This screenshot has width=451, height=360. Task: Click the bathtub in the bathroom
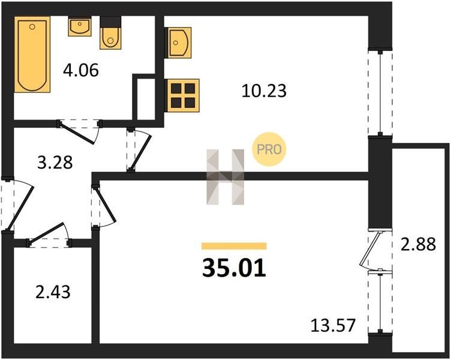pyautogui.click(x=32, y=55)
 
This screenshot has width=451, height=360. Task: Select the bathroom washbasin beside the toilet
pyautogui.click(x=80, y=26)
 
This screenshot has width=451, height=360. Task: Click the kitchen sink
pyautogui.click(x=178, y=43)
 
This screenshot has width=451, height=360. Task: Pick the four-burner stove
pyautogui.click(x=182, y=95)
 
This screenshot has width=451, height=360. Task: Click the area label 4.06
pyautogui.click(x=81, y=70)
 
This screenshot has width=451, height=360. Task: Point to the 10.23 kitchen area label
pyautogui.click(x=264, y=91)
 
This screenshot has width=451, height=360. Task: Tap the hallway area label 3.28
pyautogui.click(x=55, y=163)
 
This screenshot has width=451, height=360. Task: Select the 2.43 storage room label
pyautogui.click(x=53, y=292)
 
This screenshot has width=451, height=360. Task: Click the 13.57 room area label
pyautogui.click(x=333, y=326)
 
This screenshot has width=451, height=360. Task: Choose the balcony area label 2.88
pyautogui.click(x=419, y=245)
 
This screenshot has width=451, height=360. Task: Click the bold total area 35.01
pyautogui.click(x=234, y=268)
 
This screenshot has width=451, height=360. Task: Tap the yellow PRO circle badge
pyautogui.click(x=269, y=149)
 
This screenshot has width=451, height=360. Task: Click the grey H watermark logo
pyautogui.click(x=225, y=176)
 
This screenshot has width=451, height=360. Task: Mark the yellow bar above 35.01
pyautogui.click(x=234, y=246)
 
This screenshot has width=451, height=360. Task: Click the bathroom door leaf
pyautogui.click(x=77, y=133)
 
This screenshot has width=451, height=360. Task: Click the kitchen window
pyautogui.click(x=380, y=93)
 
